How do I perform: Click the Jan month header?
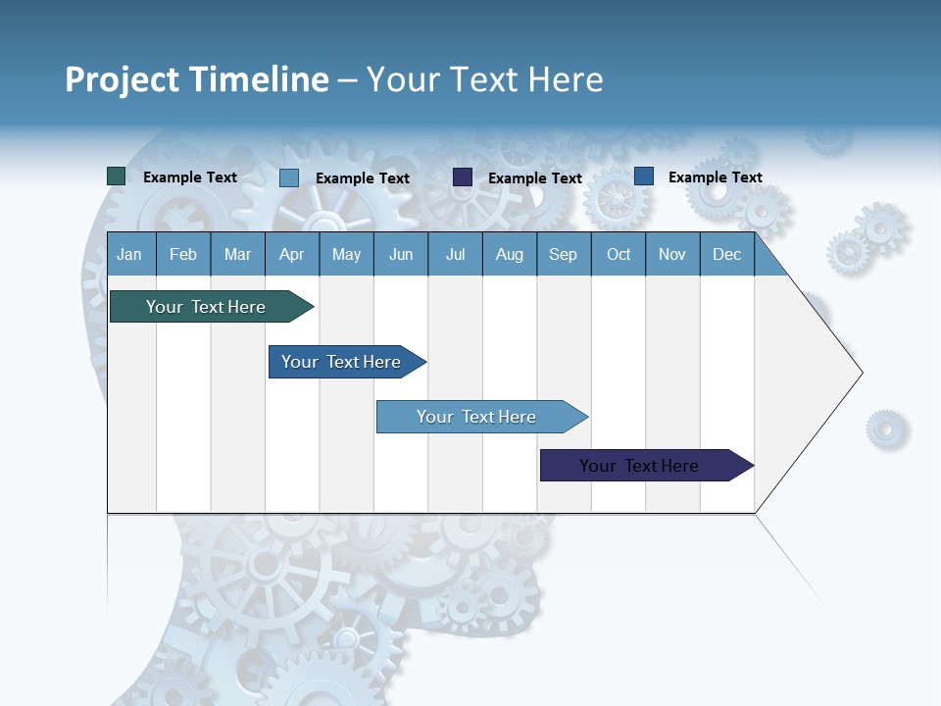(x=129, y=254)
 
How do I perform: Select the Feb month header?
(x=183, y=254)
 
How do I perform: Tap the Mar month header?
(x=237, y=254)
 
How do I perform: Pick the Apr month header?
(x=292, y=254)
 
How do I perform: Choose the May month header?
(x=346, y=254)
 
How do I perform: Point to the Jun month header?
(x=401, y=254)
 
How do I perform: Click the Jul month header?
(x=455, y=254)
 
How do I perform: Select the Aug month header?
(x=510, y=254)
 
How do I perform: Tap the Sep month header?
(x=564, y=254)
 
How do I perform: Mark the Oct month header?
(x=619, y=254)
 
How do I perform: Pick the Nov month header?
(x=672, y=254)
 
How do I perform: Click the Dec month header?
(x=727, y=254)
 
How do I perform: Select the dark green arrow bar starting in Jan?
(x=207, y=307)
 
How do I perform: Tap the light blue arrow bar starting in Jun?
(x=477, y=417)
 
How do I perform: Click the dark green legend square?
(x=117, y=176)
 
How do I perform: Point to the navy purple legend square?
(x=463, y=177)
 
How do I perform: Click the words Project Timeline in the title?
(x=197, y=79)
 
